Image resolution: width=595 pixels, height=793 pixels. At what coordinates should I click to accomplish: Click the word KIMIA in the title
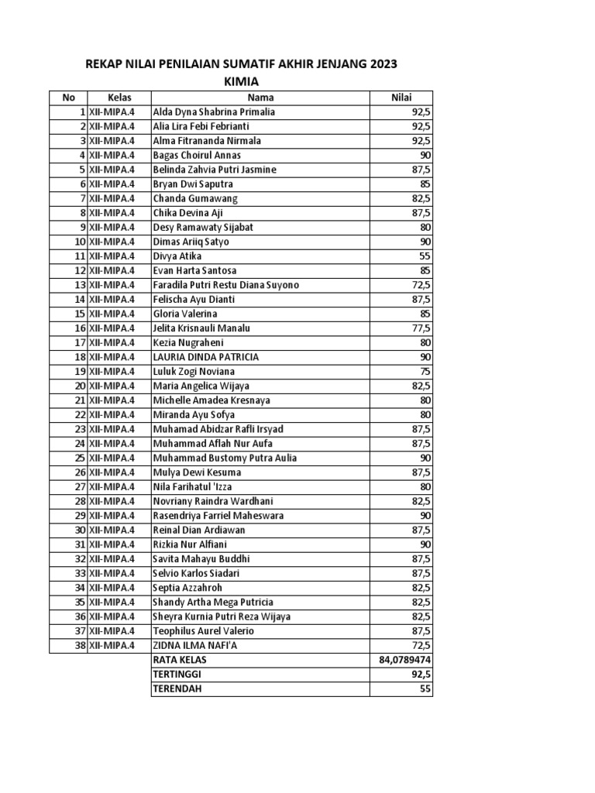(240, 81)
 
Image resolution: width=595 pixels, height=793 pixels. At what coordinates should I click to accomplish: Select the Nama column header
(260, 98)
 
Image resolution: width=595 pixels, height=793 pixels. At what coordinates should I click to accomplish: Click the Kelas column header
(119, 98)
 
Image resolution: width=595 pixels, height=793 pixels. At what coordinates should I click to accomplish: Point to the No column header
(68, 98)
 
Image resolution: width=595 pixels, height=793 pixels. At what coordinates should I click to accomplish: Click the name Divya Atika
(177, 256)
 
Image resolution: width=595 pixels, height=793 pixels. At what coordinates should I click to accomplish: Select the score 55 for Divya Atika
(425, 256)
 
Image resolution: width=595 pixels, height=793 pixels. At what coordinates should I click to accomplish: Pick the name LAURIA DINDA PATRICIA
(206, 357)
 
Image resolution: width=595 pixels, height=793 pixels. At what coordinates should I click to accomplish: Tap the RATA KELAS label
(180, 661)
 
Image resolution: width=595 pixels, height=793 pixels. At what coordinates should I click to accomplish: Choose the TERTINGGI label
(177, 675)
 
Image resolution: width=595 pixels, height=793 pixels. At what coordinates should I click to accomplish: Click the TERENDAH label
(177, 689)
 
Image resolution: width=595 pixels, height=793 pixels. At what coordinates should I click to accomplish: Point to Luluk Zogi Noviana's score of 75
(425, 372)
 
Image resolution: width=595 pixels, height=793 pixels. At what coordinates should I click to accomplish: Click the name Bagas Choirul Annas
(197, 156)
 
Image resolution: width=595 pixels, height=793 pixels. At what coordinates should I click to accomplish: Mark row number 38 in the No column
(79, 646)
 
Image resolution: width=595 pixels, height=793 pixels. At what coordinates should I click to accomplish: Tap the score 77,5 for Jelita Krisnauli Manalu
(421, 328)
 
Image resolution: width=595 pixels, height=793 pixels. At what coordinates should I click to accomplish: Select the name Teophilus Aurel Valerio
(203, 631)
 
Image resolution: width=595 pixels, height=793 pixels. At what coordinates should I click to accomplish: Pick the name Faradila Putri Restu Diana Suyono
(225, 285)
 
